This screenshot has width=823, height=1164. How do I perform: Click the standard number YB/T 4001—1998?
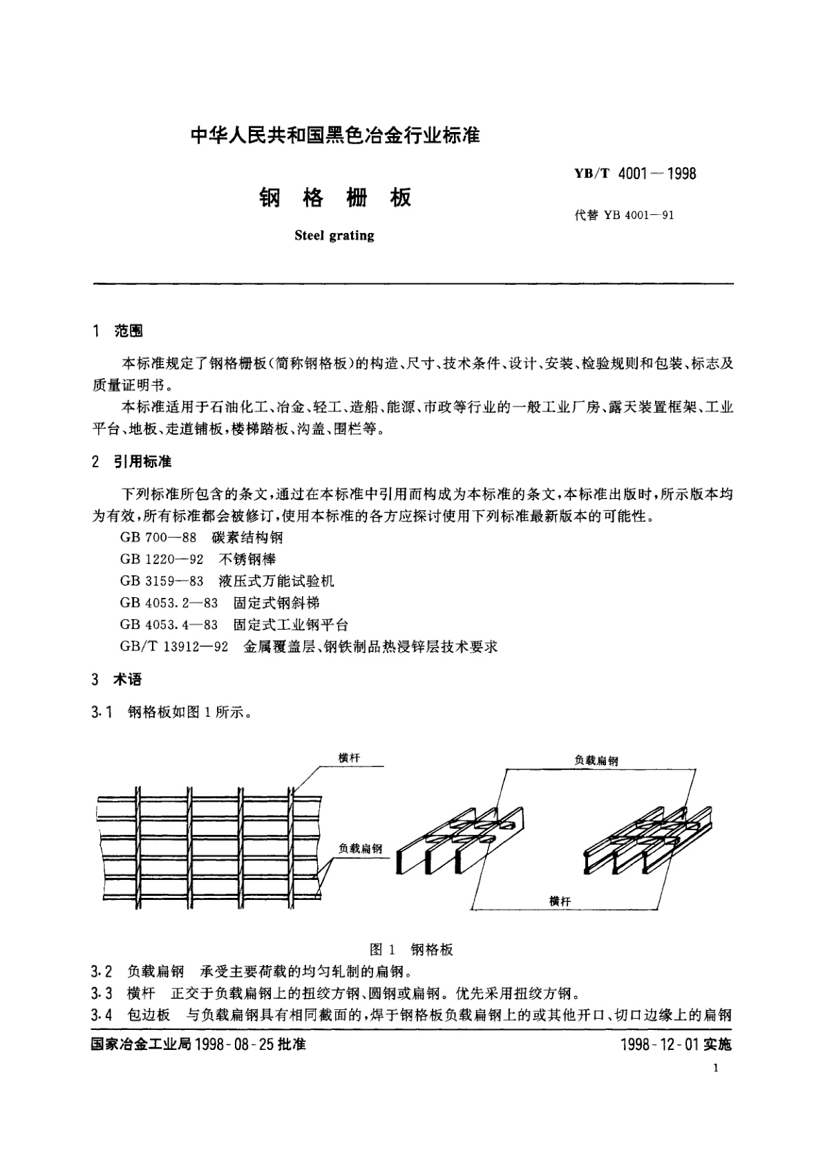tap(634, 173)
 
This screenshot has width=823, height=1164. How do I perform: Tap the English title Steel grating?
tap(334, 236)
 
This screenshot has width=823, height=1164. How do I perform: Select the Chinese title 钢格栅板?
tap(335, 198)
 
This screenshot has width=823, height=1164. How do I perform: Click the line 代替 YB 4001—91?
tap(624, 215)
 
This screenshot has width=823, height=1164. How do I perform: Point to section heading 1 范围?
tap(117, 332)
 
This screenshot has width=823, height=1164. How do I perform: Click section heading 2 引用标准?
tap(132, 462)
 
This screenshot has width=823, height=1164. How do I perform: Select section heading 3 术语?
tap(117, 680)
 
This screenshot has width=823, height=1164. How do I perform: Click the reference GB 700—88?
tap(158, 537)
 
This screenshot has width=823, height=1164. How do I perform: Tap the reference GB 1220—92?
tap(162, 559)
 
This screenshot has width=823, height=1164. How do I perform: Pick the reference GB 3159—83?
tap(162, 581)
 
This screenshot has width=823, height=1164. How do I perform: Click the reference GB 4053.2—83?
tap(169, 603)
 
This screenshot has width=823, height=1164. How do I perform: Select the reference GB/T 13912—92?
tap(174, 647)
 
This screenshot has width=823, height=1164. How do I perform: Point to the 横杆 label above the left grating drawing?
tap(349, 758)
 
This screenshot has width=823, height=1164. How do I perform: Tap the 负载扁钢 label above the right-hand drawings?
tap(596, 760)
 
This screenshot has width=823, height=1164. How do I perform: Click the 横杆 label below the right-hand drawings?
tap(560, 901)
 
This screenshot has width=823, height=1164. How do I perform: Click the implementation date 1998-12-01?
tap(660, 1044)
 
